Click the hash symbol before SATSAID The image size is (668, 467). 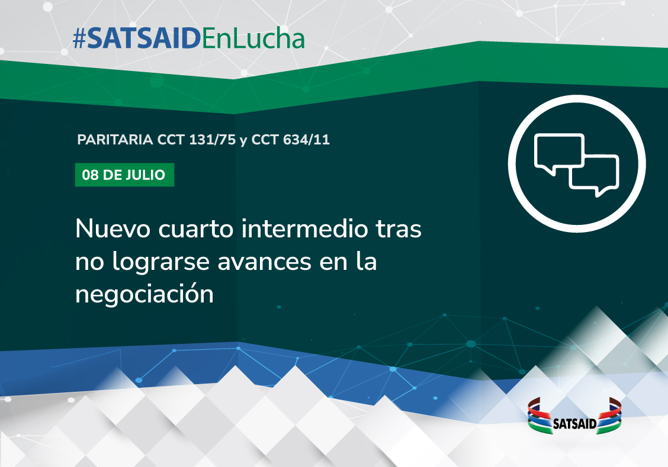[79, 39]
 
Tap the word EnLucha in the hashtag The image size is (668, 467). [253, 38]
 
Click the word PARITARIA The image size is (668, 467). [115, 140]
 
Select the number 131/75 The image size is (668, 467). [212, 140]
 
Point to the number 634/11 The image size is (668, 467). [307, 140]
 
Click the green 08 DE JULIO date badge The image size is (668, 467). [124, 175]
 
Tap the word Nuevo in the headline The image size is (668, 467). [113, 229]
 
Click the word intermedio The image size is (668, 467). [304, 228]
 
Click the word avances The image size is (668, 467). [264, 262]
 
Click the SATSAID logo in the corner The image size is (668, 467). [574, 416]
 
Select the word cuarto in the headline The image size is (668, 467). [196, 230]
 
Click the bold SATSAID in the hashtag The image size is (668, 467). [144, 39]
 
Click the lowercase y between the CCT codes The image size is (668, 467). [243, 141]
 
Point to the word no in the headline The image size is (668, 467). [89, 263]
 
